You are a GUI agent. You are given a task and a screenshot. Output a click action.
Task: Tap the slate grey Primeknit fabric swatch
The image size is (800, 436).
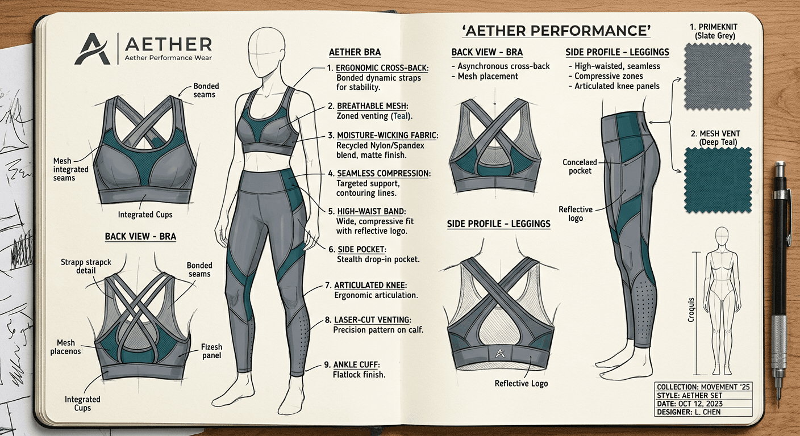coord(718,77)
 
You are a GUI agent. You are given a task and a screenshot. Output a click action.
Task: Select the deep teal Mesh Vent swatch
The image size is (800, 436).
coord(718,180)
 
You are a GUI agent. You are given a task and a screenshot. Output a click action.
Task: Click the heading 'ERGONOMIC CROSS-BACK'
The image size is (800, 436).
coord(382,68)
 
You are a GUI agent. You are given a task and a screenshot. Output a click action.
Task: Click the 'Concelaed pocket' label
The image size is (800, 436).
coord(580,166)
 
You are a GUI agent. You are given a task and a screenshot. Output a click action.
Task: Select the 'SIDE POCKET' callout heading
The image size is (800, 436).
coord(362,250)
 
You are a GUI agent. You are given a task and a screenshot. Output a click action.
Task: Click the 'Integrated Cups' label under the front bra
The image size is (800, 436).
coord(144,215)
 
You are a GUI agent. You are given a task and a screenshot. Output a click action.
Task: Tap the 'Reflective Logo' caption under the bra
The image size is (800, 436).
coord(522,383)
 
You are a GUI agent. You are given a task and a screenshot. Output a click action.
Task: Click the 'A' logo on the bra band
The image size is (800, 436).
coord(499,354)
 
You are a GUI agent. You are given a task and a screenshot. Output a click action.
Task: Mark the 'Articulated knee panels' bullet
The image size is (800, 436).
coord(617,86)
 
